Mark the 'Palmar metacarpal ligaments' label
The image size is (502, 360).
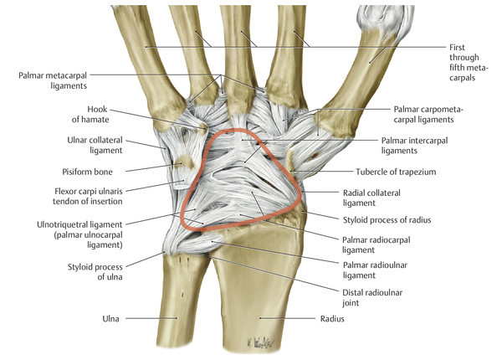(x=54, y=80)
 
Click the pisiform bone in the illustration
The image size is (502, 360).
(x=183, y=162)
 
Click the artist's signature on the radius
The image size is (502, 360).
(x=261, y=341)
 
